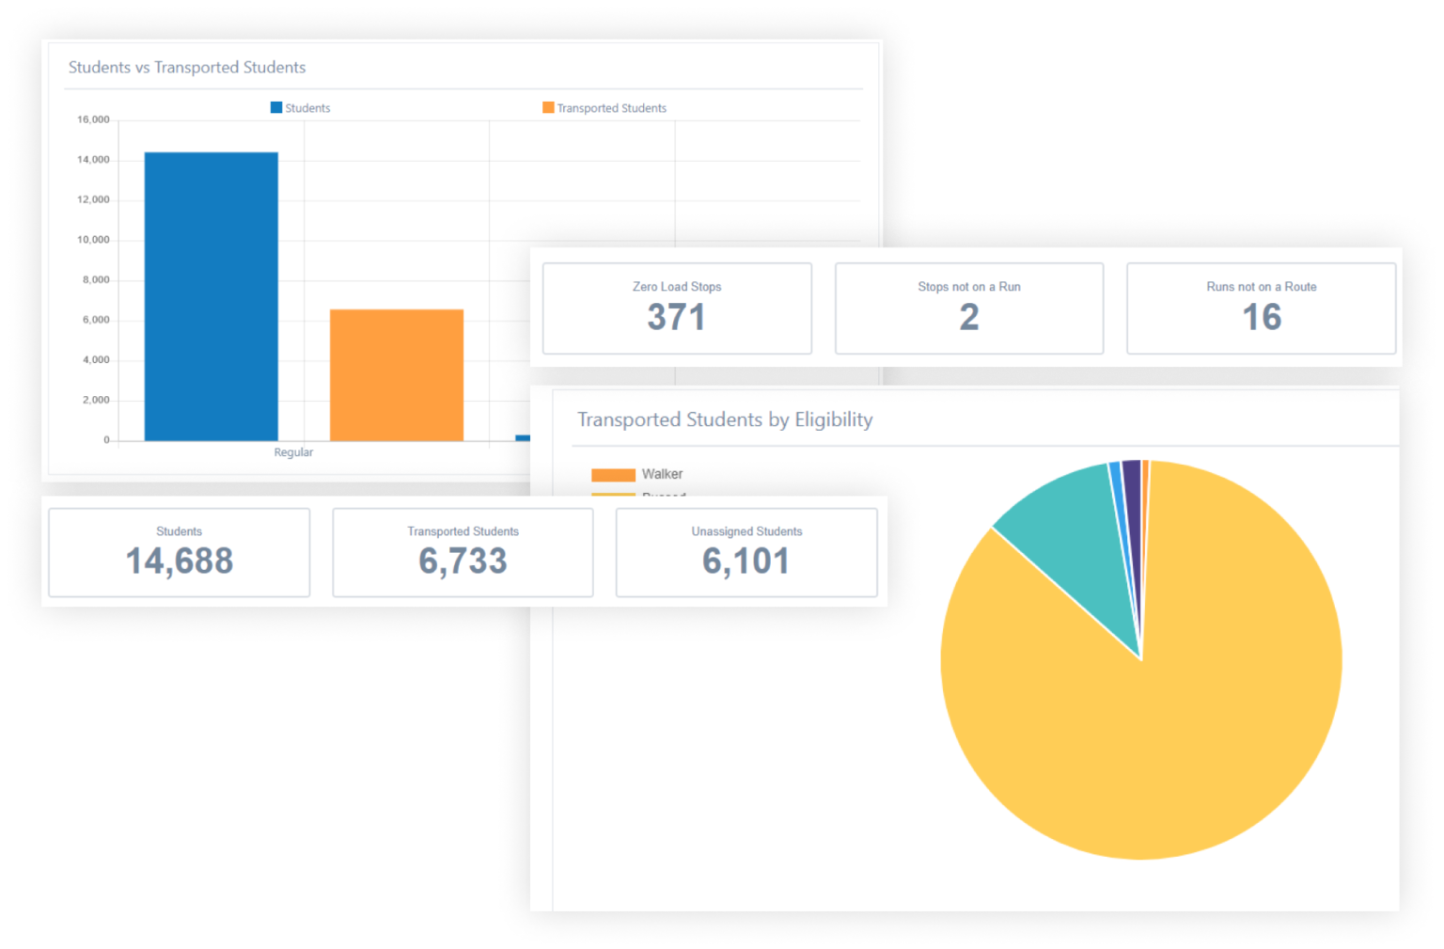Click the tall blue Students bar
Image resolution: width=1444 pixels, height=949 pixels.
(x=211, y=296)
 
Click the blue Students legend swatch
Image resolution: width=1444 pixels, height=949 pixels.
(x=276, y=108)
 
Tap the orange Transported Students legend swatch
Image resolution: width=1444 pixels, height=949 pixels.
(x=548, y=108)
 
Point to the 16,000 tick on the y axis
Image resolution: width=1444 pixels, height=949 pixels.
(x=93, y=120)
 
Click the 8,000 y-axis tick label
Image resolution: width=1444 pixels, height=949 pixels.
(x=95, y=280)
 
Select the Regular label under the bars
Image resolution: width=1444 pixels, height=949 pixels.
(x=293, y=452)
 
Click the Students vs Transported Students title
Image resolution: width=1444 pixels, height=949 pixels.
(x=187, y=68)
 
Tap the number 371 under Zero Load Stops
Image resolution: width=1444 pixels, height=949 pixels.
(x=676, y=318)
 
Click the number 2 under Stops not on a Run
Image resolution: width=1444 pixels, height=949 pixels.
(x=969, y=318)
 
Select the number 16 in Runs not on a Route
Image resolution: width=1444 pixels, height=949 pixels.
(x=1262, y=318)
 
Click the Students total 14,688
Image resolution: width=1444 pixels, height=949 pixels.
(x=180, y=561)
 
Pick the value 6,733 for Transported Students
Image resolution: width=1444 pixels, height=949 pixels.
(x=463, y=561)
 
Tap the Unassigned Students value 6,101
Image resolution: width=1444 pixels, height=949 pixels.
(x=746, y=561)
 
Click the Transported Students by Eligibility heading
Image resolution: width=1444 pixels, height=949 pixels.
(x=725, y=419)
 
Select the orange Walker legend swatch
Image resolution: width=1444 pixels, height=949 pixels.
(x=613, y=475)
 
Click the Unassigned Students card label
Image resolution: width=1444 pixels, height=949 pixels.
(x=746, y=531)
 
